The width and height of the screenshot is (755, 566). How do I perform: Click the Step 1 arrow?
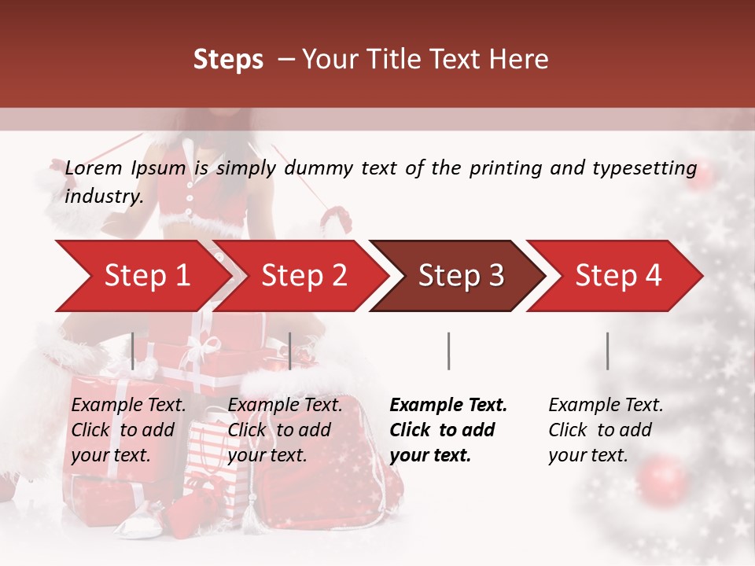pos(145,276)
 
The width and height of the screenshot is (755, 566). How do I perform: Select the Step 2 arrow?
pos(303,276)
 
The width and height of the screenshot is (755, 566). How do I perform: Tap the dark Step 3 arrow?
pos(460,276)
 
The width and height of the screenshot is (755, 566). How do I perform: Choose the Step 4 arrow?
pos(617,276)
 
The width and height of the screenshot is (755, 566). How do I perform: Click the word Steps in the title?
pos(228,59)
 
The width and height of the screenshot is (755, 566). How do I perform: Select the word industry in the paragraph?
pos(101,196)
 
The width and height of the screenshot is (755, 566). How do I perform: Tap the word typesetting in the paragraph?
pos(649,167)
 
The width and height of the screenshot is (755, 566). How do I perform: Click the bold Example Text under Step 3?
pos(448,406)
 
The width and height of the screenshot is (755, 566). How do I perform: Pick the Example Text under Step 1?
pos(129,406)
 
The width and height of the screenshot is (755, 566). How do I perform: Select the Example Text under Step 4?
pos(606,406)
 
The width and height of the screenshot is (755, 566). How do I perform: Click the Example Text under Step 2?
pos(285,406)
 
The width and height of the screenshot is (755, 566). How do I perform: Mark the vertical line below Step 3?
pos(448,351)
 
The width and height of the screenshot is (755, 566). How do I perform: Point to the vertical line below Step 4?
pos(607,351)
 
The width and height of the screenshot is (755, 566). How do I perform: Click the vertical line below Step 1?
pos(133,351)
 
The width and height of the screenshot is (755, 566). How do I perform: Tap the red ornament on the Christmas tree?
pos(663,476)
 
